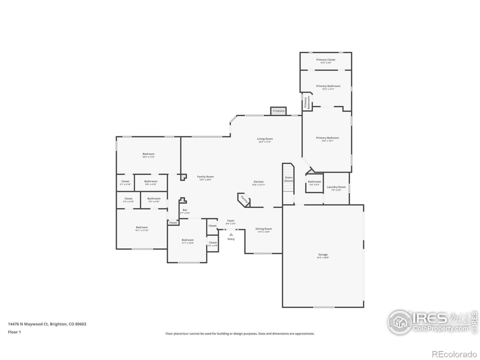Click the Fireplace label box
(x=278, y=111)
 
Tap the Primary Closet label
(x=325, y=60)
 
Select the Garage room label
(x=323, y=255)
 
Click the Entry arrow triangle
(x=231, y=235)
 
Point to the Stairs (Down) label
(x=288, y=179)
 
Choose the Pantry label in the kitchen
(x=244, y=199)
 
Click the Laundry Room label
(x=336, y=187)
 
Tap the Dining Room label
(x=264, y=229)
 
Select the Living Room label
(x=265, y=139)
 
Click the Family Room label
(x=205, y=177)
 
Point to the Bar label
(x=185, y=210)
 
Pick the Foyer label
(x=231, y=221)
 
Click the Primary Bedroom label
(x=327, y=138)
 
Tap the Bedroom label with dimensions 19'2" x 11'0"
(x=148, y=154)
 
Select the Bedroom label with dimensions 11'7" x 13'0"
(x=187, y=240)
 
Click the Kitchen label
(x=258, y=182)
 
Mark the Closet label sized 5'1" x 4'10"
(x=125, y=181)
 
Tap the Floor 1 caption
(x=14, y=332)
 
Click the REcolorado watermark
(x=454, y=354)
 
